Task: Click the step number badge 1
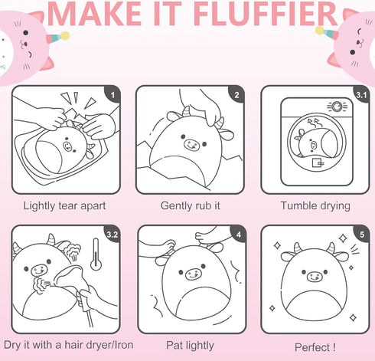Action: (x=113, y=94)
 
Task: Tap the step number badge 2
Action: (x=236, y=94)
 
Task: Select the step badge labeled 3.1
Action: (x=361, y=94)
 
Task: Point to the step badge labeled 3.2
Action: (x=112, y=234)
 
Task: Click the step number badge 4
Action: (x=238, y=234)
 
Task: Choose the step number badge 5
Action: (x=362, y=234)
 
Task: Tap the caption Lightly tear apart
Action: (x=64, y=206)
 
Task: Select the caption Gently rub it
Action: (x=191, y=206)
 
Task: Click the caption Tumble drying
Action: (x=315, y=206)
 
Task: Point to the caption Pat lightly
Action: (x=190, y=346)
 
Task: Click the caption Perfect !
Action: (x=315, y=347)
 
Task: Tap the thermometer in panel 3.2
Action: (x=96, y=254)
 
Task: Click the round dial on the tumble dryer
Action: (x=337, y=107)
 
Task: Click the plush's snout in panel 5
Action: (x=315, y=277)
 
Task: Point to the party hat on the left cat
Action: (x=57, y=38)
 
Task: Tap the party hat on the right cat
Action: (x=327, y=32)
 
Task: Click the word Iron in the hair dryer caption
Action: (x=123, y=345)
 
